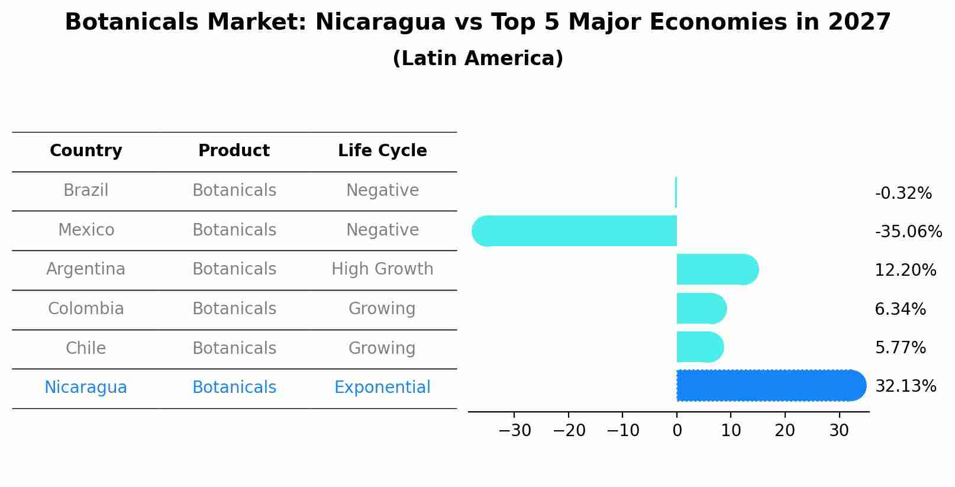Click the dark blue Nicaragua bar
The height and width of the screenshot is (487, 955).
[x=769, y=385]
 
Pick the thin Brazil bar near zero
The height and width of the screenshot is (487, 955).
[x=676, y=192]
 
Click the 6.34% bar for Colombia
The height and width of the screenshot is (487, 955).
[x=701, y=308]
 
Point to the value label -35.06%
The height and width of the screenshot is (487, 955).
[x=908, y=231]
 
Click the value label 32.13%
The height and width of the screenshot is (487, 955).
[x=905, y=386]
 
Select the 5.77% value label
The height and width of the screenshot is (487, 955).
[x=900, y=347]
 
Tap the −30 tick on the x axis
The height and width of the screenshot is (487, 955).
[x=515, y=430]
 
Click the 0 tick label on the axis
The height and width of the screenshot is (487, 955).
[x=677, y=430]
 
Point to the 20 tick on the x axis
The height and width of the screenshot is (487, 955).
[x=785, y=430]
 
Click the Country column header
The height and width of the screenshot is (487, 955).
[x=86, y=151]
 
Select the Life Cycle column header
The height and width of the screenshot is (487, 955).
[x=382, y=151]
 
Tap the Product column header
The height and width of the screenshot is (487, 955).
[x=234, y=151]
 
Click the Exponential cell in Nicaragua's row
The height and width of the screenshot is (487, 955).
[x=382, y=388]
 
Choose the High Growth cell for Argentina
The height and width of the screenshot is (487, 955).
[x=382, y=269]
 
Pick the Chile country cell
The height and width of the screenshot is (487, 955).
[x=86, y=348]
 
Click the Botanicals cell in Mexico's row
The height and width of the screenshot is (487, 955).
[x=234, y=230]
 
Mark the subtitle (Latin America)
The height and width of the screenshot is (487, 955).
[x=478, y=59]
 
